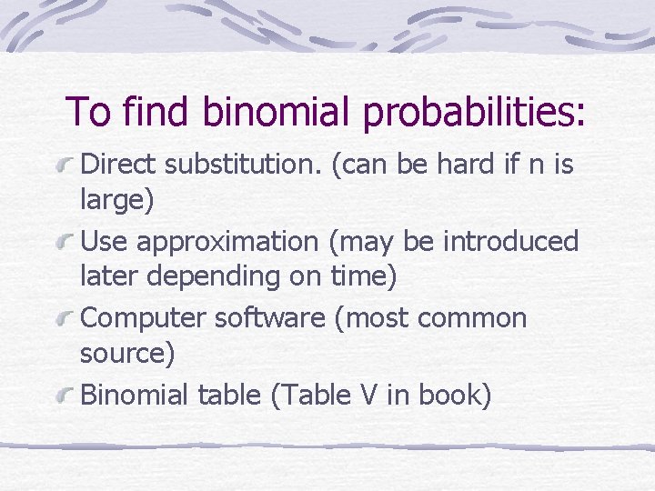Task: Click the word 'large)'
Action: pos(117,201)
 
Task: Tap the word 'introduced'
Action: pos(510,241)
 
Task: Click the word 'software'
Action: pos(266,318)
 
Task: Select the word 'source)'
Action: pos(127,354)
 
